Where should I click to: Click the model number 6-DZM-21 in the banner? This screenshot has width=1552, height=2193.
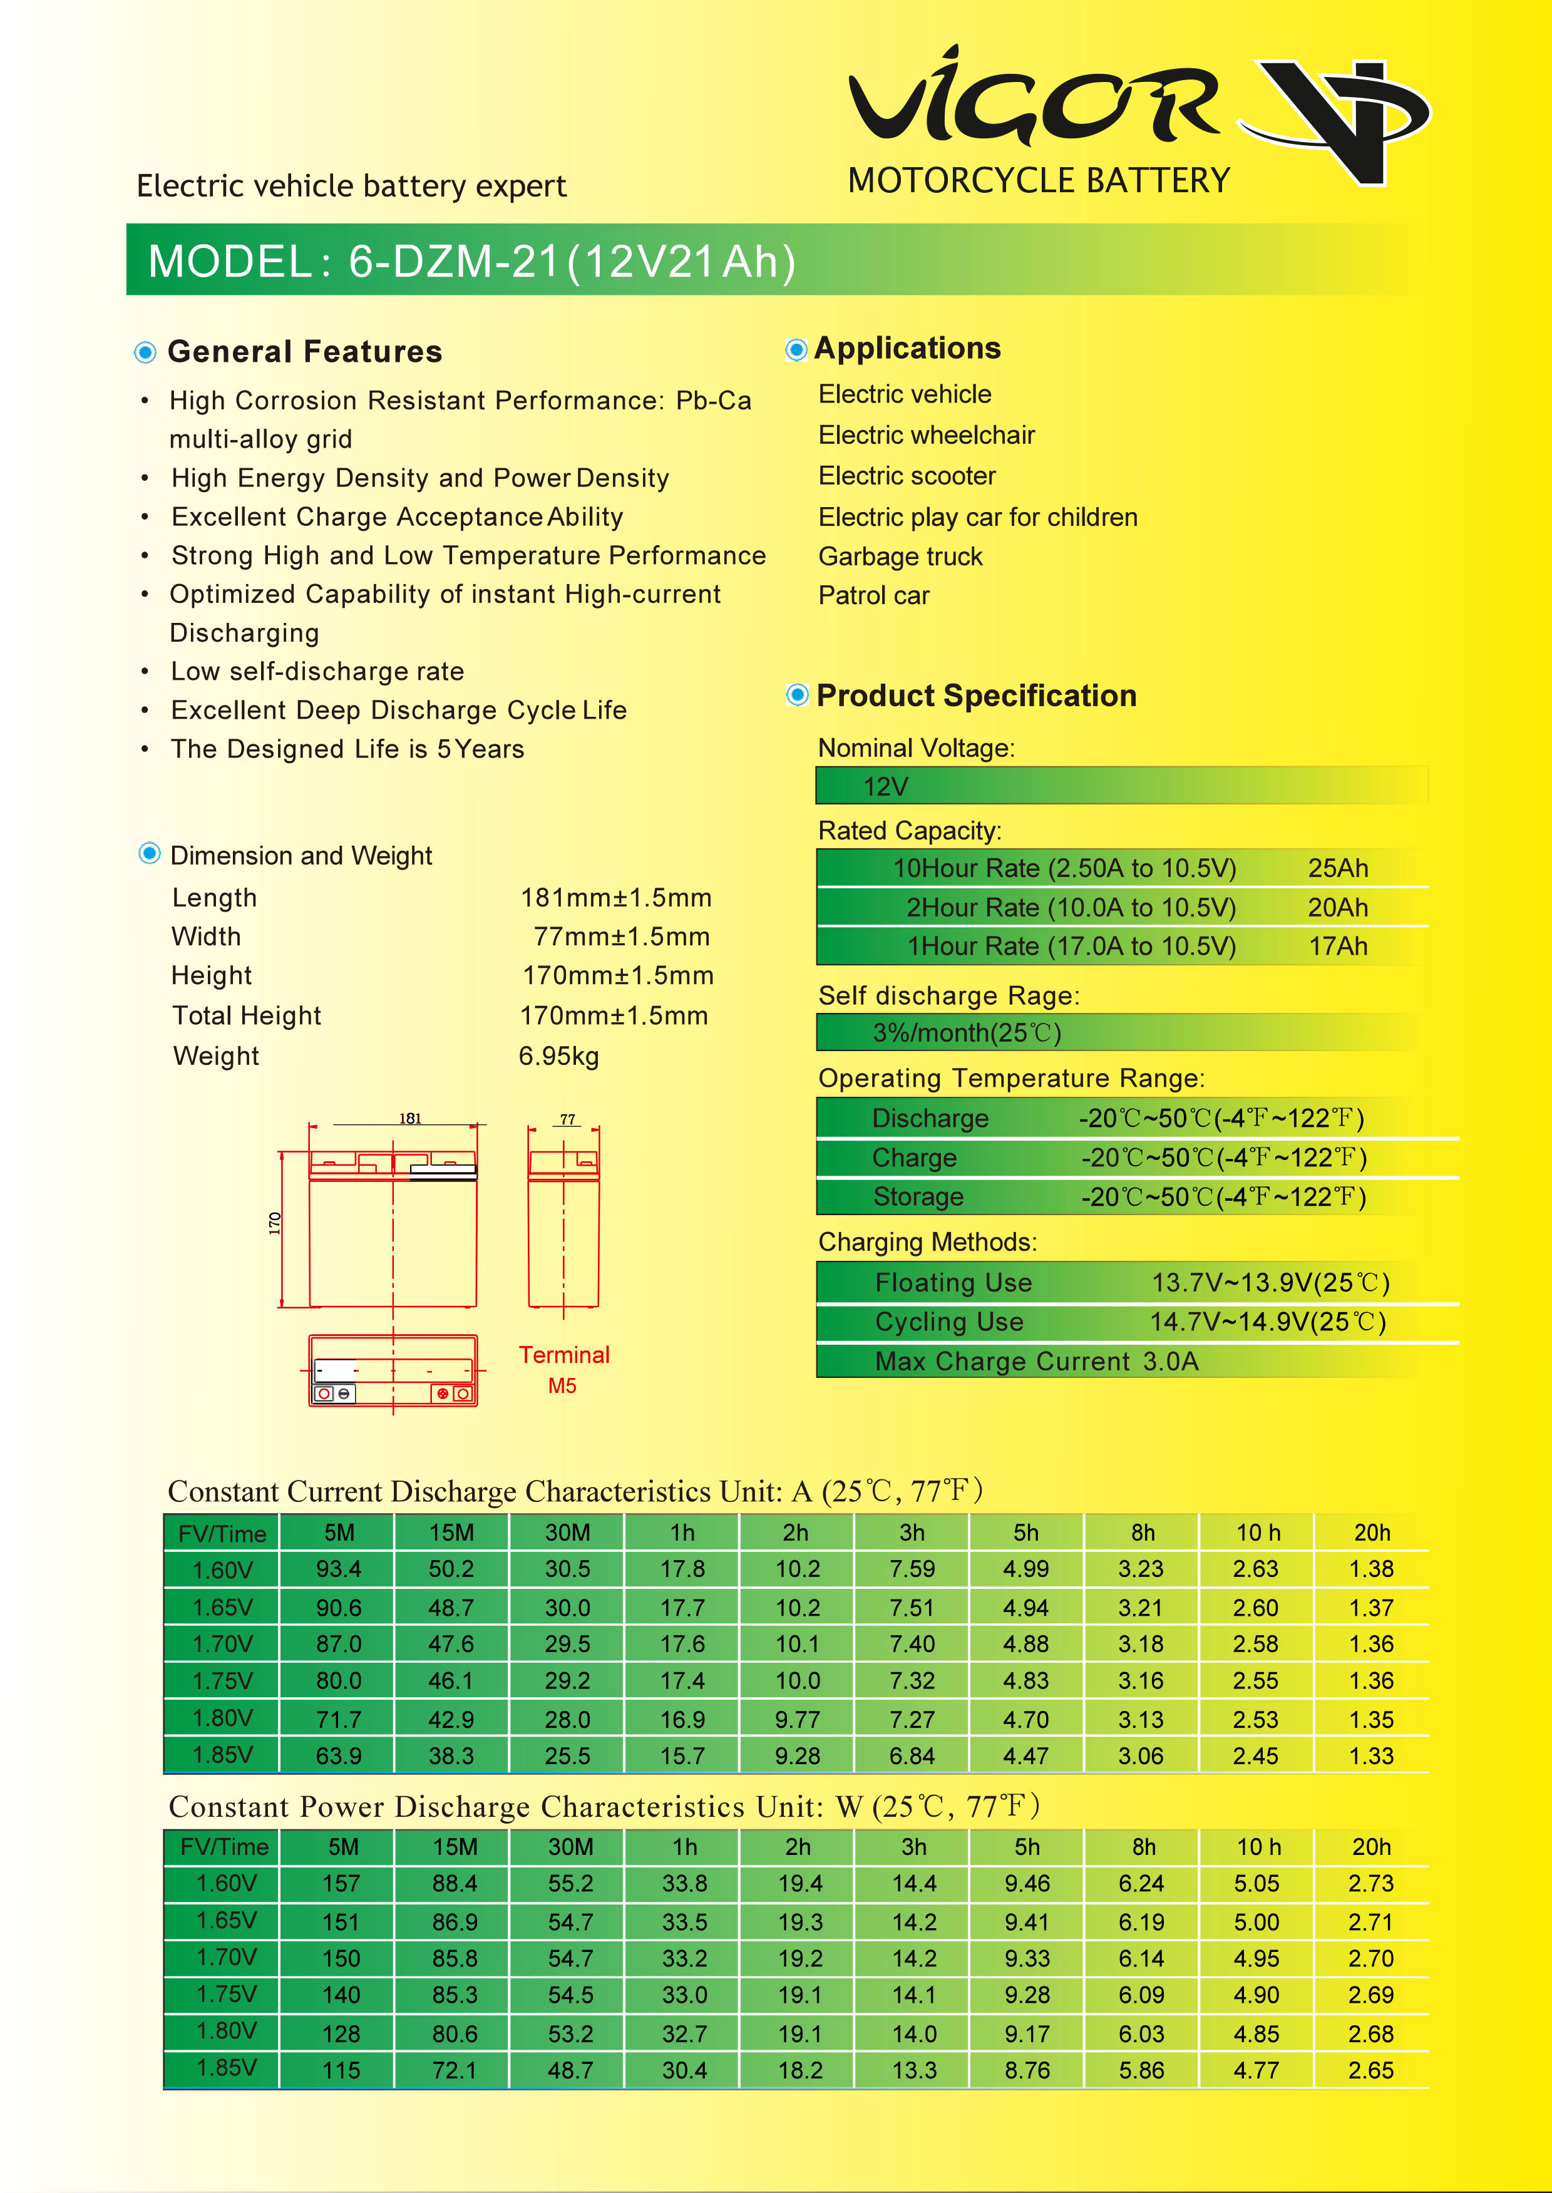coord(452,262)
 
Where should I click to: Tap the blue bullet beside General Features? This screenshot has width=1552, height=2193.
coord(145,352)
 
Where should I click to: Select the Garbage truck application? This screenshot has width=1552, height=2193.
coord(900,556)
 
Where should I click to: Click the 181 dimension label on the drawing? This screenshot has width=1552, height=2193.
coord(410,1118)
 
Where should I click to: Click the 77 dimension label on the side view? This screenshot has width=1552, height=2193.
coord(568,1119)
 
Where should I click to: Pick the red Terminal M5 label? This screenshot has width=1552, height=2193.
coord(564,1369)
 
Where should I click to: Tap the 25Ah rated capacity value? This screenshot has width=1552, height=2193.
coord(1338,868)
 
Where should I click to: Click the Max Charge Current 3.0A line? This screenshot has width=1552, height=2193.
coord(1036,1361)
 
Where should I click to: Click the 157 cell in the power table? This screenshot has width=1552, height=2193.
coord(341,1883)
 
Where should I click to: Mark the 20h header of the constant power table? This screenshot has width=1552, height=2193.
coord(1371,1847)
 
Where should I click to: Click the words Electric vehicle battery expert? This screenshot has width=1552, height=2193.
coord(352,185)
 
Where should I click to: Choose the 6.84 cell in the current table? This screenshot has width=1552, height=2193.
coord(912,1756)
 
